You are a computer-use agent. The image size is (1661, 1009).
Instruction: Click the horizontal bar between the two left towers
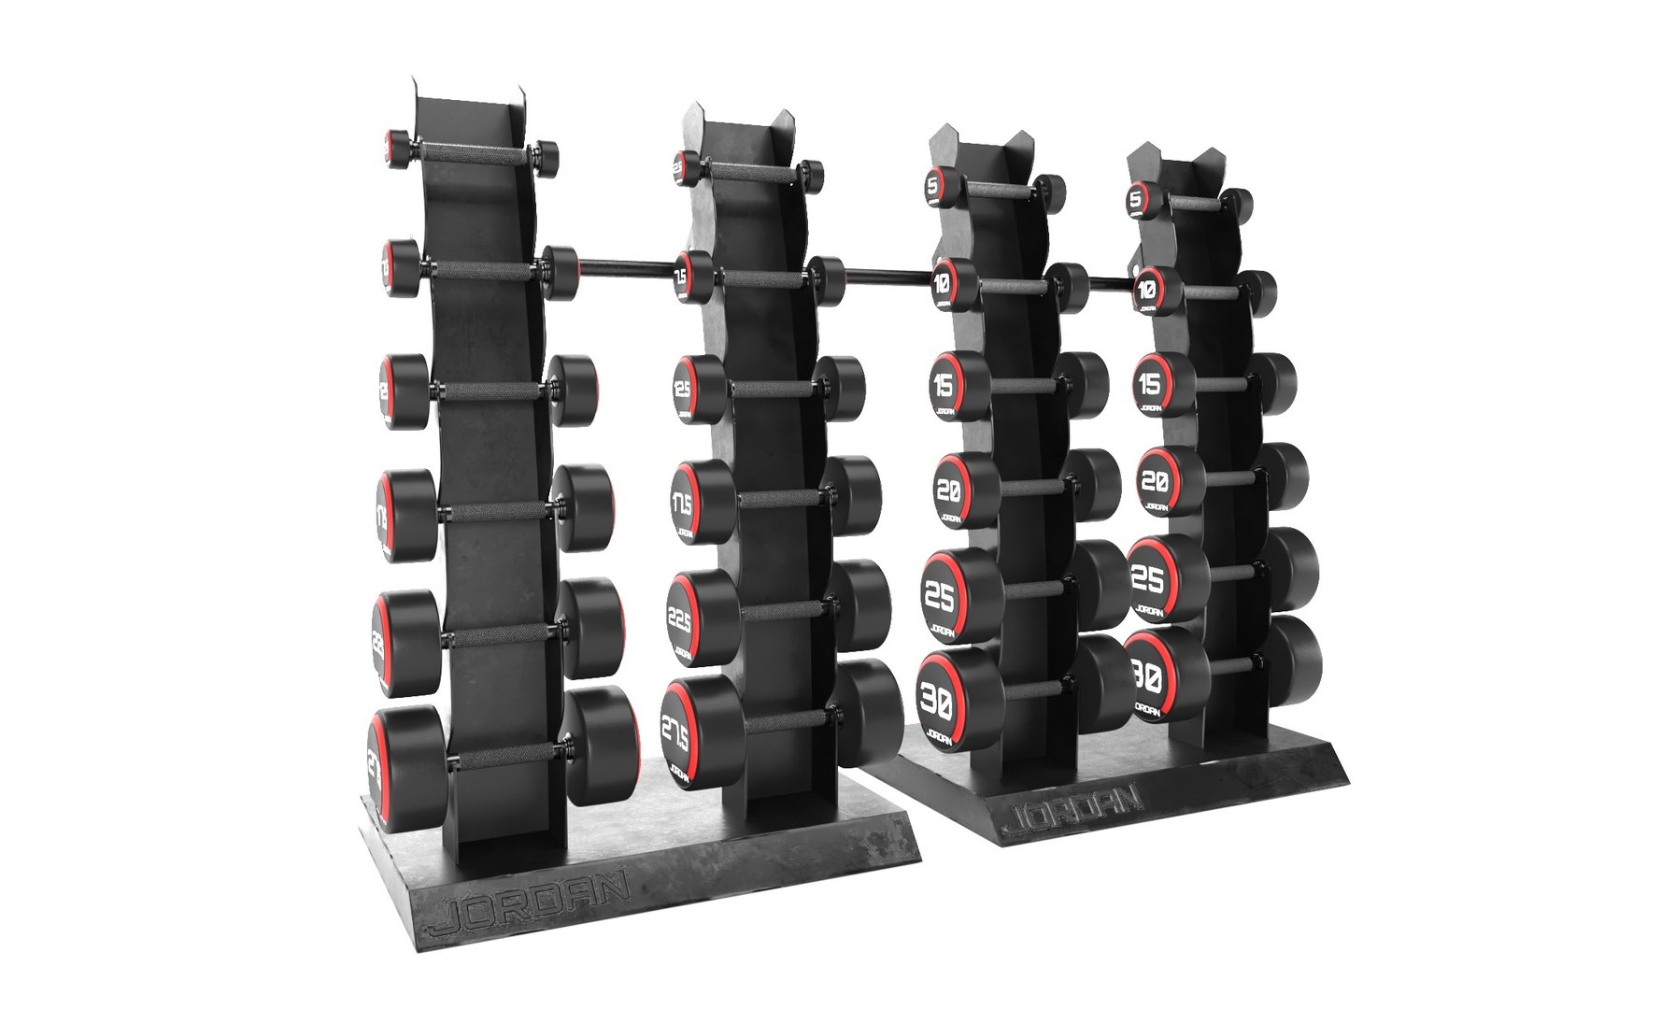pyautogui.click(x=624, y=271)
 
